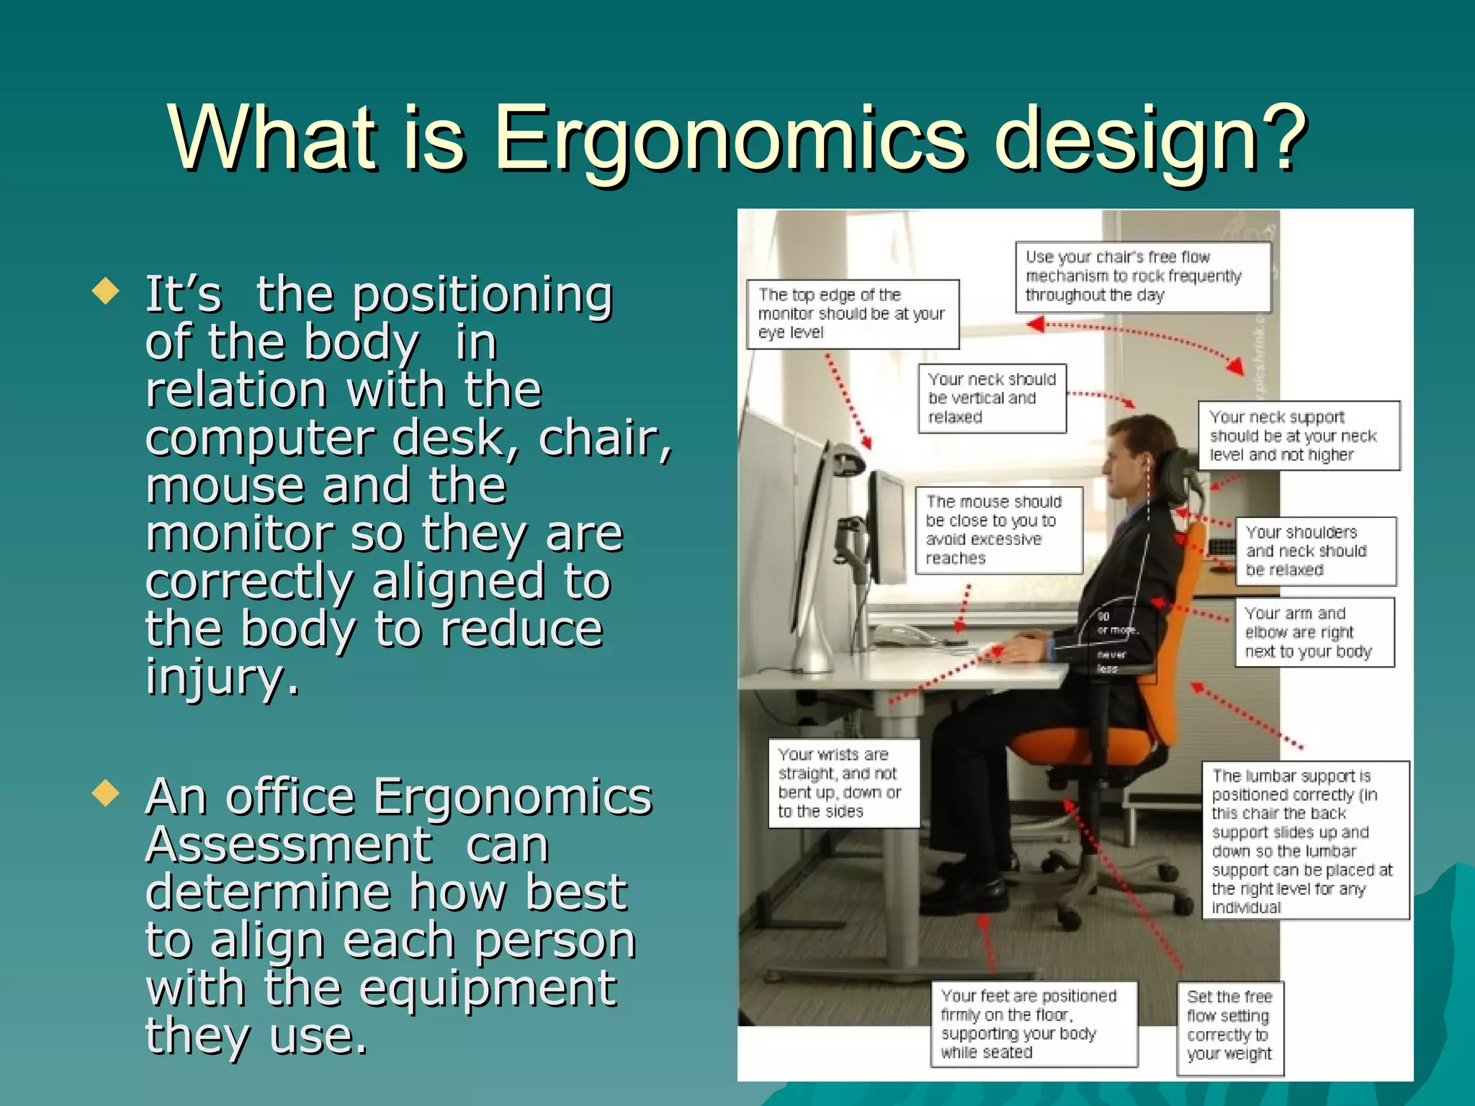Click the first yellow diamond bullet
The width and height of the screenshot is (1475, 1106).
106,292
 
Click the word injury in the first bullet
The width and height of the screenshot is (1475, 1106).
222,678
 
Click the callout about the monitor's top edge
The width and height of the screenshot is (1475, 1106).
852,314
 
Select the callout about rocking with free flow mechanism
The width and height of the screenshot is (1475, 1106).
1142,276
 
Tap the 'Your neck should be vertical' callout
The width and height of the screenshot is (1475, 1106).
991,398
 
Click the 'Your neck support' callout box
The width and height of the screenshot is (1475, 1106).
1299,436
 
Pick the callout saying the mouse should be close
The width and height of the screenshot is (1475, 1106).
998,530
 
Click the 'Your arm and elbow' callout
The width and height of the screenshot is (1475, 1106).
1314,632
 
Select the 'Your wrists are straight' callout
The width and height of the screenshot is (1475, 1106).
843,783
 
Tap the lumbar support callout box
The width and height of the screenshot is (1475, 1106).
1304,840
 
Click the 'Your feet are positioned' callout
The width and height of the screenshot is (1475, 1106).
1033,1024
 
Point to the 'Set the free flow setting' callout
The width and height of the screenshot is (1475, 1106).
1229,1025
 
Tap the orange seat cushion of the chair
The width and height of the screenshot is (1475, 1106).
1080,745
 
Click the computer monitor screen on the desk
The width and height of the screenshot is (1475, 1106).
887,529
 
